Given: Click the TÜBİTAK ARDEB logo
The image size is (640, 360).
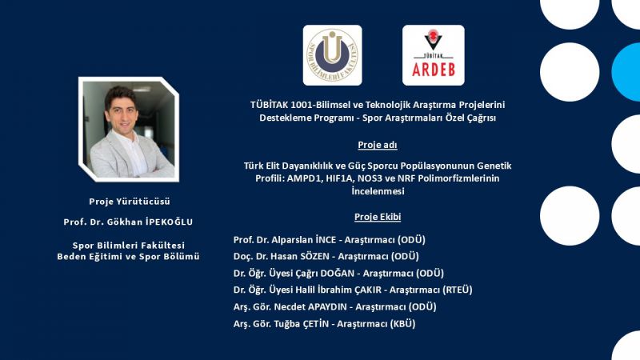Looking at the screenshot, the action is (433, 55).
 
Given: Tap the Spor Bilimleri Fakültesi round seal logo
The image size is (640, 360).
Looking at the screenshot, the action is (332, 55).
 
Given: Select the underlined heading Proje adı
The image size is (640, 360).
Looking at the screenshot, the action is (378, 145).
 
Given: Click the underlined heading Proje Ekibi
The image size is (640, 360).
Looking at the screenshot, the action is (378, 217).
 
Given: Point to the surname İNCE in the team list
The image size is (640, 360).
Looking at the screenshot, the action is (326, 239).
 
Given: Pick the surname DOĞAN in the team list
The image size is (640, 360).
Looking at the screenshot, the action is (337, 273).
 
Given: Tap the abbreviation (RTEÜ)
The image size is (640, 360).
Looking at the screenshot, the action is (457, 290).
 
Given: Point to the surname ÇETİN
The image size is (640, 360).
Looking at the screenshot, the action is (315, 324).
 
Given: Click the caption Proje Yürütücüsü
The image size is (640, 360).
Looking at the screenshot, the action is (130, 202).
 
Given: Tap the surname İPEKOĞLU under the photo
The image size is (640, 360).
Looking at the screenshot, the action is (169, 222).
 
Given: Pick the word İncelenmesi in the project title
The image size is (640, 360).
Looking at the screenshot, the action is (378, 191).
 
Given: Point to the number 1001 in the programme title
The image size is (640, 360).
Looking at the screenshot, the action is (302, 105).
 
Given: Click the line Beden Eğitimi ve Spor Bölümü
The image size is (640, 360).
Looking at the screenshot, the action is (128, 256).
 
